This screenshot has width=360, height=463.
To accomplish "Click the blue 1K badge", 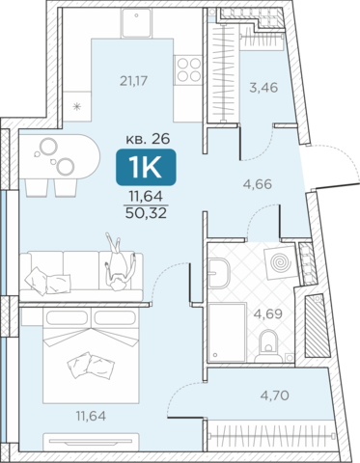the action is [x=146, y=168].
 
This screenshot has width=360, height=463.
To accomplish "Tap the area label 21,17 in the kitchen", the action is [x=134, y=81].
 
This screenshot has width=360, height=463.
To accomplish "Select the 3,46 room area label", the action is [x=263, y=88].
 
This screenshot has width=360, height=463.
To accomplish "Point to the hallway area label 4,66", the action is [x=258, y=184].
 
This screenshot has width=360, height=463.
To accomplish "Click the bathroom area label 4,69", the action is [x=268, y=313].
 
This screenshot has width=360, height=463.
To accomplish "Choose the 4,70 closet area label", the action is [x=274, y=395].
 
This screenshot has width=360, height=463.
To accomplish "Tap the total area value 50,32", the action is [x=146, y=212].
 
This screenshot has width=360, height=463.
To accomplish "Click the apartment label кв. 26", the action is [x=148, y=139].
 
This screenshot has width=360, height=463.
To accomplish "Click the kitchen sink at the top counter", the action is [x=136, y=23].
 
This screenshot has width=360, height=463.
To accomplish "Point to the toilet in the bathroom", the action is [x=268, y=346].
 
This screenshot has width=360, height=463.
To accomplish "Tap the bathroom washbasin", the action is [x=219, y=273].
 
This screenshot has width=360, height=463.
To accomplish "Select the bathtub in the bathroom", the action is [x=227, y=333].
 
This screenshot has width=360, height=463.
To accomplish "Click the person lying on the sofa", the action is [x=119, y=262].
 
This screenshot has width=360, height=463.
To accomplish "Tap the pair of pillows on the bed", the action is [x=91, y=366].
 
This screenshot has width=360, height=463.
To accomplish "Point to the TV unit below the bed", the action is [x=91, y=443].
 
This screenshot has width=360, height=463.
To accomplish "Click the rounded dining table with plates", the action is [x=60, y=156].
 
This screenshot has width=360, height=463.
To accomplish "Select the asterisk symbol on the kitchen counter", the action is [x=76, y=106].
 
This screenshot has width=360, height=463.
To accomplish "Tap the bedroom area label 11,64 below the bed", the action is [x=91, y=417].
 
